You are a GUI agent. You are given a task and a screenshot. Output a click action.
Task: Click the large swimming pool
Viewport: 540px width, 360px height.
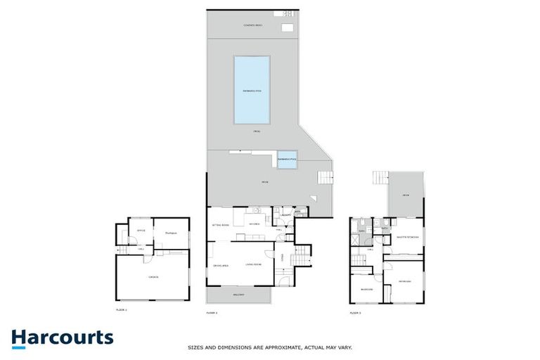point(252,89)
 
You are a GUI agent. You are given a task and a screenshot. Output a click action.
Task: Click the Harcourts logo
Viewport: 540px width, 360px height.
point(62,337)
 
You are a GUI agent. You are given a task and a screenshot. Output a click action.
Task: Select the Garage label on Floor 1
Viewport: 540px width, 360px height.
point(153,277)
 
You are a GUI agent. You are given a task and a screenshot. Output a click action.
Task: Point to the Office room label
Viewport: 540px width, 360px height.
point(141,230)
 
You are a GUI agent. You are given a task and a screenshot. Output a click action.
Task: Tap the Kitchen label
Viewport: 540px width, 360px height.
point(255,224)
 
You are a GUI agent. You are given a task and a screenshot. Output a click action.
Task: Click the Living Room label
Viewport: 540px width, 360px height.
point(253,264)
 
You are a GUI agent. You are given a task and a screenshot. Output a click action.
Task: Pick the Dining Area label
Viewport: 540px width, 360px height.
point(221,264)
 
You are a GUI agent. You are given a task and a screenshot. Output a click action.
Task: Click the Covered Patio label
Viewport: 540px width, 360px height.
point(252,25)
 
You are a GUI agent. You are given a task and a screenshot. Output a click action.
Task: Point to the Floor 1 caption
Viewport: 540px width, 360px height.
point(122,309)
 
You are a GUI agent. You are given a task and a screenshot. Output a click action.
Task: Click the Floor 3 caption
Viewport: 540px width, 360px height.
point(356,311)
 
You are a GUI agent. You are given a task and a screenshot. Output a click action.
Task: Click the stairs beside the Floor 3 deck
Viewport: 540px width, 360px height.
point(380,177)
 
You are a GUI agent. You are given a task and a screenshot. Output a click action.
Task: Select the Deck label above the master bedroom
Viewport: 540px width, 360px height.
point(406,195)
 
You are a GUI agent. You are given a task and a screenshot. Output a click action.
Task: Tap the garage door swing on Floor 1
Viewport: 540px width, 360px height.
point(148,257)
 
